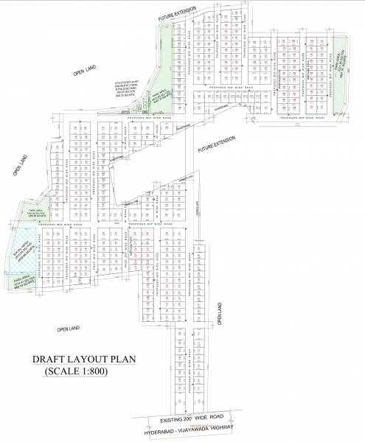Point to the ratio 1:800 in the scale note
pyautogui.click(x=91, y=371)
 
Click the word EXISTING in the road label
pyautogui.click(x=173, y=420)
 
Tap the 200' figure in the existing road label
pyautogui.click(x=193, y=420)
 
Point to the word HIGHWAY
pyautogui.click(x=223, y=428)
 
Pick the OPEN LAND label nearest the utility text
pyautogui.click(x=85, y=71)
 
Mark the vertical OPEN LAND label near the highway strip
pyautogui.click(x=220, y=315)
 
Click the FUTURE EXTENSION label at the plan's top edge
pyautogui.click(x=173, y=13)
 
